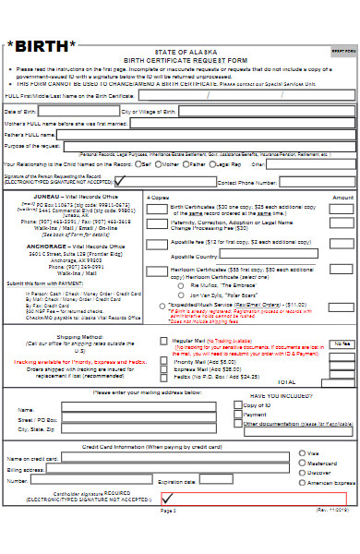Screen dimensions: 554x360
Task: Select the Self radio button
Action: tap(136, 163)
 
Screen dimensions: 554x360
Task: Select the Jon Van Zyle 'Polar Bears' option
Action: tap(184, 295)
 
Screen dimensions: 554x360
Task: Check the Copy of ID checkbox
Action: tap(238, 406)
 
